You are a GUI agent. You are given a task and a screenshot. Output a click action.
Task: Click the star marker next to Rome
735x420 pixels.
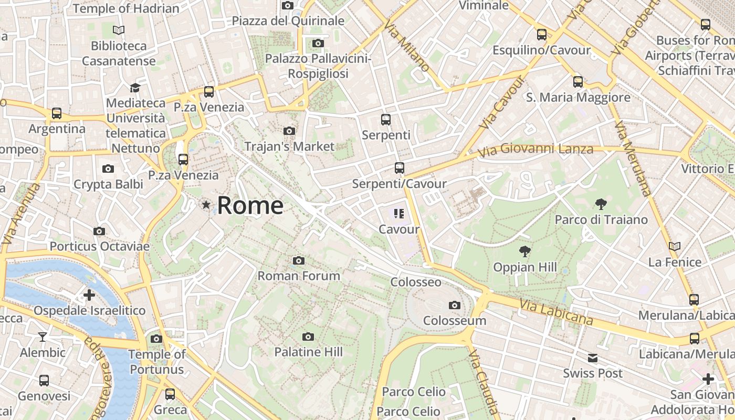(x=206, y=205)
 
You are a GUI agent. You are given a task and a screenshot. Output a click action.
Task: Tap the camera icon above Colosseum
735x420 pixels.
(x=455, y=305)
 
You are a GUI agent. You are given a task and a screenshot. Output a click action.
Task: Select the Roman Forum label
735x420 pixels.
(x=299, y=276)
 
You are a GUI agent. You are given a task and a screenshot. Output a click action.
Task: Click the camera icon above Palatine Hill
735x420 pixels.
(x=308, y=337)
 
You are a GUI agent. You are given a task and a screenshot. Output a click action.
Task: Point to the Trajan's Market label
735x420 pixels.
(x=289, y=146)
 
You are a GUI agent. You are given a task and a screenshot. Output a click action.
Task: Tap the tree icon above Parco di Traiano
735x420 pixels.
(x=601, y=204)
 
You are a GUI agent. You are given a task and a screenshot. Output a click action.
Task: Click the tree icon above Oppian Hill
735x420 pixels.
(x=524, y=251)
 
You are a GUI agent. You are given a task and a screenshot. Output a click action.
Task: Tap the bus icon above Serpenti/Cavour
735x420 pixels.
(x=400, y=168)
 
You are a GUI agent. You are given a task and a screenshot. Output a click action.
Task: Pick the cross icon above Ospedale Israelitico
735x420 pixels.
(x=89, y=295)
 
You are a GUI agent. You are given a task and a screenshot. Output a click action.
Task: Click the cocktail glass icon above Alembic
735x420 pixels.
(x=43, y=337)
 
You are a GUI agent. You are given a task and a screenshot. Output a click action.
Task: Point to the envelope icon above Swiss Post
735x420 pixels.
(x=593, y=358)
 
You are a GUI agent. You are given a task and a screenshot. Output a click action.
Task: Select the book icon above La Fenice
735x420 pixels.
(x=675, y=246)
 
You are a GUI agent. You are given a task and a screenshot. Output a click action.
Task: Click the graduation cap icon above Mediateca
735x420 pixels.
(x=135, y=87)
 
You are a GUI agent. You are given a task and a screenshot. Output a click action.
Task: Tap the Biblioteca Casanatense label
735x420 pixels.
(x=119, y=53)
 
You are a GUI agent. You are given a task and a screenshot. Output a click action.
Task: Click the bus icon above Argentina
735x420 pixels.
(x=57, y=113)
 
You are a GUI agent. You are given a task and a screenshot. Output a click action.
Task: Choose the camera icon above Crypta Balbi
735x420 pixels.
(x=108, y=169)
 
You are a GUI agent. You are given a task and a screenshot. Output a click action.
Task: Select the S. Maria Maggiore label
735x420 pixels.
(x=578, y=97)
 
